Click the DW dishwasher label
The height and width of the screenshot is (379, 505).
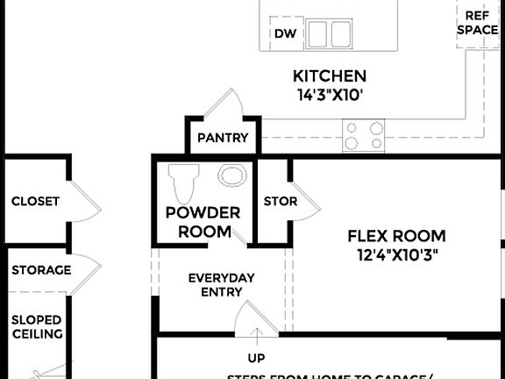(283, 34)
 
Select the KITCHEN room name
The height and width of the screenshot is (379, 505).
(330, 76)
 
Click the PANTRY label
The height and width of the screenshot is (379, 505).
(223, 138)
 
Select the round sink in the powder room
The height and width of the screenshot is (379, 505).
(232, 175)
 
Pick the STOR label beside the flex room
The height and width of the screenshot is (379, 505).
(280, 201)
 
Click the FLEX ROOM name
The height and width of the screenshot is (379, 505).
(396, 236)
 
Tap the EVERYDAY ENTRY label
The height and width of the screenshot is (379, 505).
(222, 284)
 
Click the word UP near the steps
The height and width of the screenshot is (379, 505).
(256, 358)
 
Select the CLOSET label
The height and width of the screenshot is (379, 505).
(35, 201)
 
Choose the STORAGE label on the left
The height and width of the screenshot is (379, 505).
(41, 269)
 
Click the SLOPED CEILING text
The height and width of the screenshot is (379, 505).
(36, 326)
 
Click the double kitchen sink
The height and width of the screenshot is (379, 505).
(328, 33)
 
